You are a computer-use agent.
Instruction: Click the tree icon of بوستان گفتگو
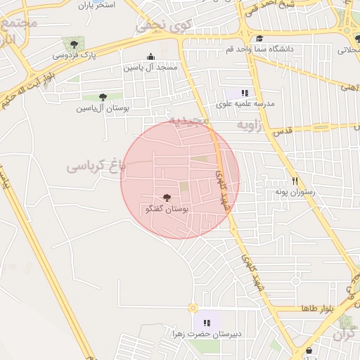click(x=167, y=198)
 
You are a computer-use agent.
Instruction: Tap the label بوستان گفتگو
click(x=167, y=210)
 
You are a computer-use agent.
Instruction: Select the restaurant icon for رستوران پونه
click(x=295, y=180)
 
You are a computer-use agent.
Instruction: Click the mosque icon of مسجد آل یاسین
click(x=150, y=57)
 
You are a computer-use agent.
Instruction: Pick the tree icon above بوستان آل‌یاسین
click(x=103, y=97)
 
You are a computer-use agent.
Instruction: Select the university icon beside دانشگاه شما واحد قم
click(x=259, y=39)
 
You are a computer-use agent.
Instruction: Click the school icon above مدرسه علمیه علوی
click(x=245, y=93)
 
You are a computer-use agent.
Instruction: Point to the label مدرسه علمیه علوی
click(x=245, y=103)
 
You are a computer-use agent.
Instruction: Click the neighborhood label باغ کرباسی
click(x=96, y=167)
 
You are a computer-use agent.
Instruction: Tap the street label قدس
click(x=281, y=131)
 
